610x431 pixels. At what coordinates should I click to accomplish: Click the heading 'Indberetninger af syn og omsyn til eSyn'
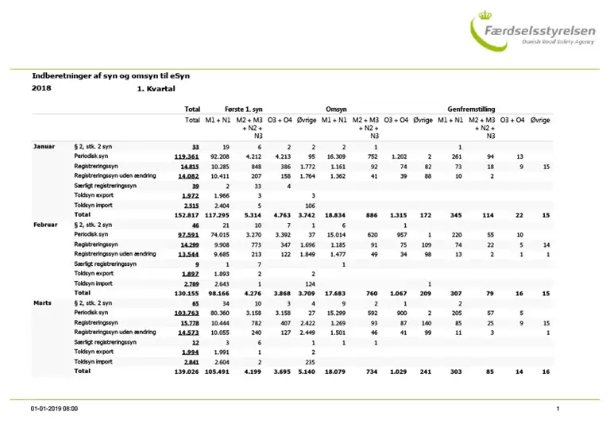click(110, 75)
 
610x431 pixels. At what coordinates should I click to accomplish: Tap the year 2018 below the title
click(41, 88)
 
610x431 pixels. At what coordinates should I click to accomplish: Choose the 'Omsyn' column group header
click(336, 108)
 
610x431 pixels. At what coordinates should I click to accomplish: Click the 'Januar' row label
click(44, 148)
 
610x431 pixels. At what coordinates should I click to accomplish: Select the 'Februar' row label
click(45, 225)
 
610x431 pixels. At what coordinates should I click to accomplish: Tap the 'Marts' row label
click(42, 303)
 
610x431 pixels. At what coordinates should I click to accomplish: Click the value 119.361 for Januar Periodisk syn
click(186, 157)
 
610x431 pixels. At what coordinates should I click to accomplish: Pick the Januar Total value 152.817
click(185, 214)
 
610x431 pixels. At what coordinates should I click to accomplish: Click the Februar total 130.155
click(185, 292)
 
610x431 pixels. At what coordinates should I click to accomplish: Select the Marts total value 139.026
click(185, 371)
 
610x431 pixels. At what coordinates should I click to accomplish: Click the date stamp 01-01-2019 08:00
click(54, 409)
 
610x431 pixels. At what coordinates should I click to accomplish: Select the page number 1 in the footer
click(558, 409)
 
